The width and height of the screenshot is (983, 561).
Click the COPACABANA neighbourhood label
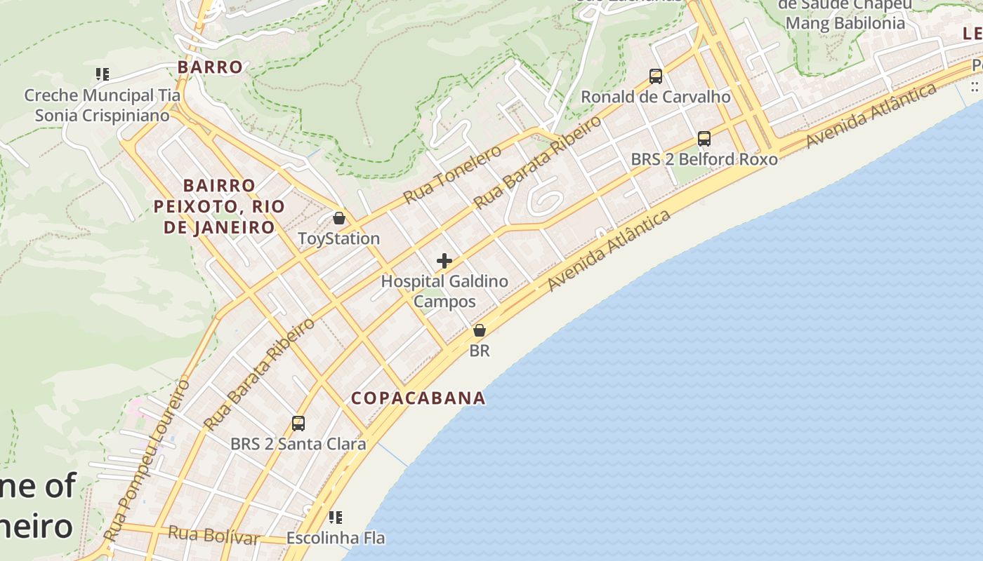(x=418, y=398)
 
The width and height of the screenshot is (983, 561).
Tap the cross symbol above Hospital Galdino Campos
(x=444, y=261)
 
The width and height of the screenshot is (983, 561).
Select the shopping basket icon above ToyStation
(x=339, y=218)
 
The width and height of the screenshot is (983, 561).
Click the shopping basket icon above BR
(x=480, y=330)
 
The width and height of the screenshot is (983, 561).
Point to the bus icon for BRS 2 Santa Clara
(x=298, y=423)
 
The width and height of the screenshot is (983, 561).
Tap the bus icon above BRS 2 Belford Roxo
(x=704, y=138)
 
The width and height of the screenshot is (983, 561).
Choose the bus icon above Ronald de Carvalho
(x=656, y=76)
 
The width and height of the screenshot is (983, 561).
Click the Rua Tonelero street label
(x=452, y=174)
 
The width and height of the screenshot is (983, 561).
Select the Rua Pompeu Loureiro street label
(x=147, y=460)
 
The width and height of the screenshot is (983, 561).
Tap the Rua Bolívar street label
(x=213, y=536)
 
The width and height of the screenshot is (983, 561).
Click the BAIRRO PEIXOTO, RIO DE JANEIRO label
(x=219, y=206)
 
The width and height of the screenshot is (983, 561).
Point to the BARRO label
(x=210, y=67)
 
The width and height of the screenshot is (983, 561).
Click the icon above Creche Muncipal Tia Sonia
(x=103, y=74)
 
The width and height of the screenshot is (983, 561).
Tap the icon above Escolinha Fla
(x=336, y=518)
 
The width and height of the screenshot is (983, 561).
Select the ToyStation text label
(x=339, y=238)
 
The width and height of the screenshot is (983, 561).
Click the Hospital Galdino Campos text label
(x=444, y=291)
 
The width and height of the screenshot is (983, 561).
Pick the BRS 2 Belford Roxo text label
(x=704, y=159)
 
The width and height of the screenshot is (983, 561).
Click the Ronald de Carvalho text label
(x=656, y=97)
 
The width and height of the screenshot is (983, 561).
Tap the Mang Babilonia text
(x=845, y=23)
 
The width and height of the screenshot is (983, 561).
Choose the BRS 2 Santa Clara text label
(x=298, y=444)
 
